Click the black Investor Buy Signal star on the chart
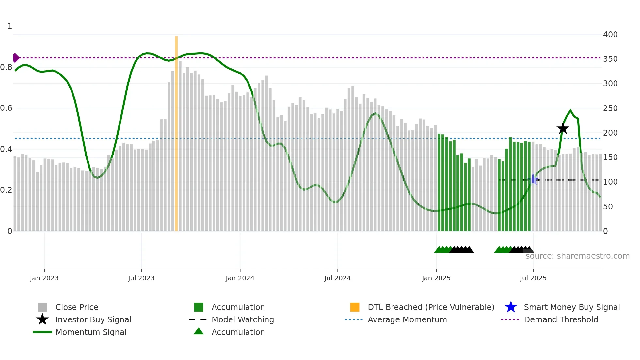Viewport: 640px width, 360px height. [563, 129]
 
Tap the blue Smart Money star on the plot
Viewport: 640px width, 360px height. [533, 179]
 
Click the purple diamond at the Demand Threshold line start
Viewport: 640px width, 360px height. [16, 58]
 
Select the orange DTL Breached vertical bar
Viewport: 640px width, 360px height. [176, 131]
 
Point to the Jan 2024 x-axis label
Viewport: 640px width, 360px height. [240, 278]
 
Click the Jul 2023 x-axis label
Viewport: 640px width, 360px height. [141, 278]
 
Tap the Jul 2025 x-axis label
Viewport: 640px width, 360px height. [533, 278]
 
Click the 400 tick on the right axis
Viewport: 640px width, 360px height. [610, 35]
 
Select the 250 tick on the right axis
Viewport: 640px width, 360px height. [610, 108]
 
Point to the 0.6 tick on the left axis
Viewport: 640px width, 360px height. [6, 108]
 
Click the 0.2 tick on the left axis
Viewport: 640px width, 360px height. [6, 190]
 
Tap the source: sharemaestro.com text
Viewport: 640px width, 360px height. [577, 256]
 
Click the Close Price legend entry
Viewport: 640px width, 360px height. [77, 307]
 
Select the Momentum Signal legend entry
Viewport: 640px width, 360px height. [91, 332]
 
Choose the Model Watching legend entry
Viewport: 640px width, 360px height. [243, 319]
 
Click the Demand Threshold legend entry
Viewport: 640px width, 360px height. [561, 319]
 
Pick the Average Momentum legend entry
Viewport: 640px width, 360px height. [407, 319]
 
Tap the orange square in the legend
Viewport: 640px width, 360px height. [355, 307]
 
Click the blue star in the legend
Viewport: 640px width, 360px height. [511, 307]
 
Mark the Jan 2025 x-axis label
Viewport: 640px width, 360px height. [436, 278]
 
